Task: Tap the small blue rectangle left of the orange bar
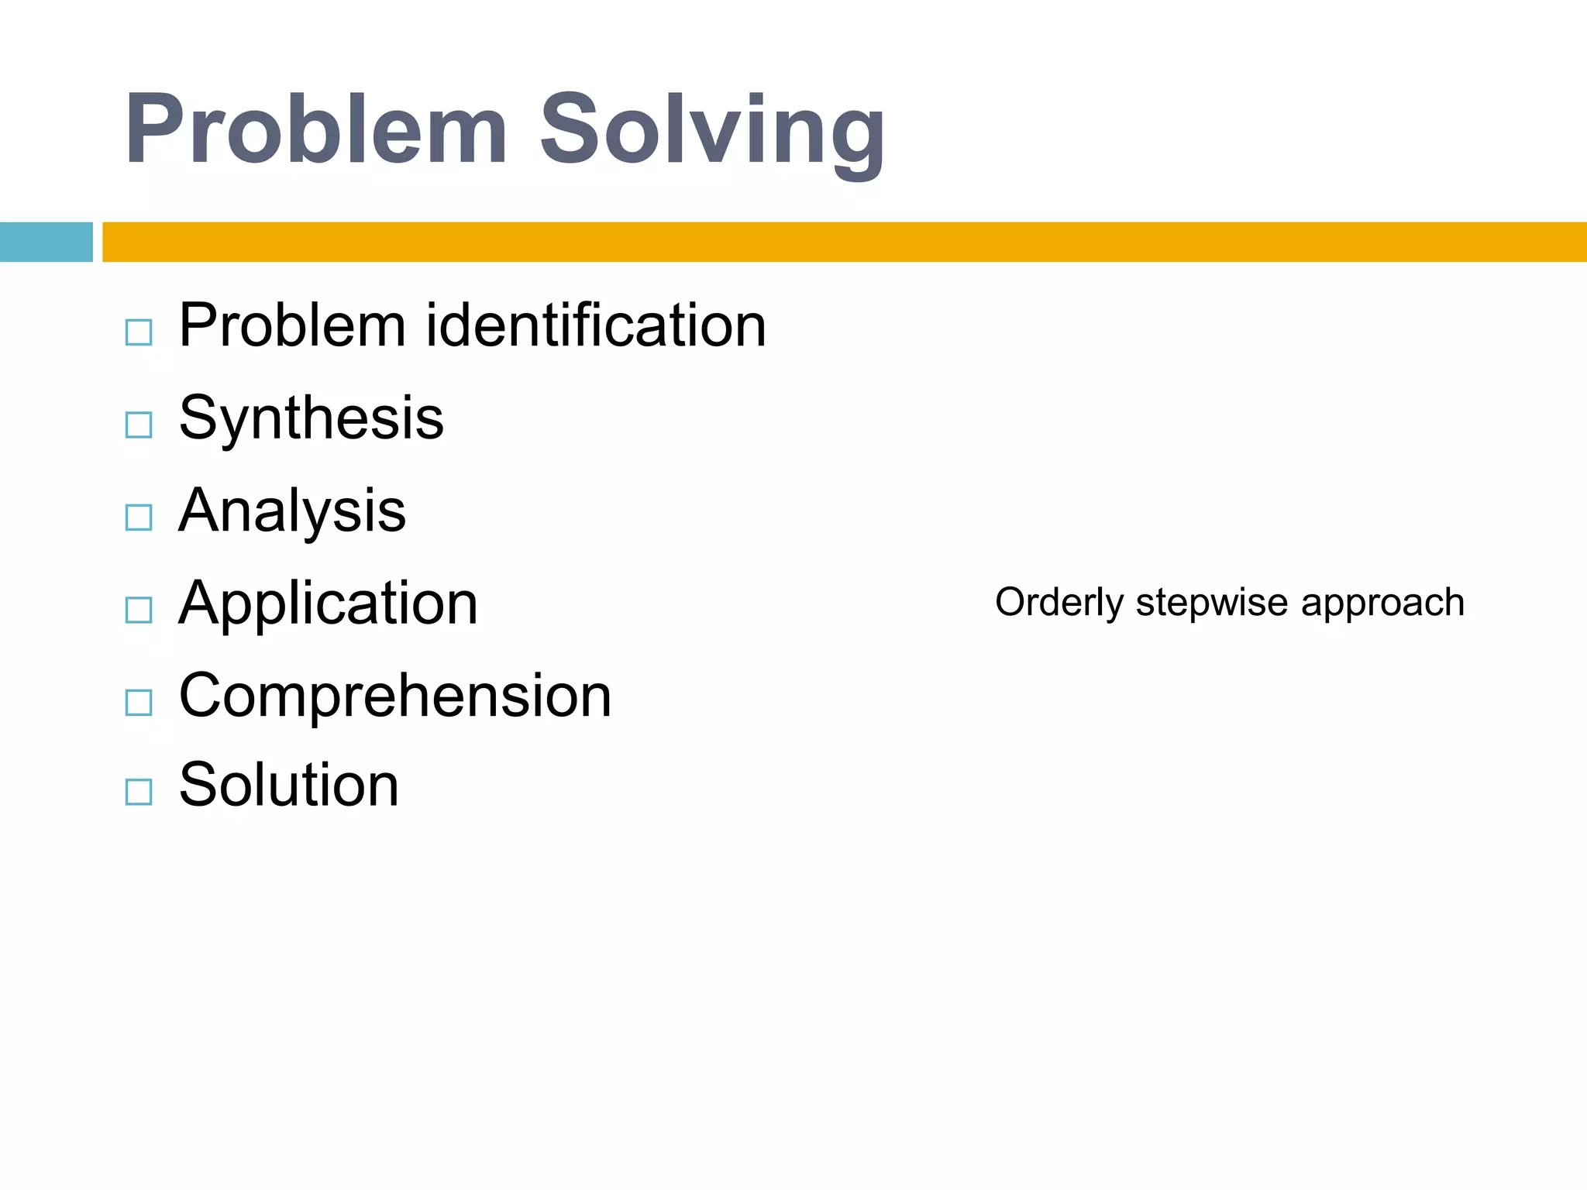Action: click(46, 242)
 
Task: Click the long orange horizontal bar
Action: click(844, 242)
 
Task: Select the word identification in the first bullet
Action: click(596, 325)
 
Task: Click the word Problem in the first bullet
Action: click(292, 325)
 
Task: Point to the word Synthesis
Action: click(311, 418)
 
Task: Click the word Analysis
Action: click(292, 511)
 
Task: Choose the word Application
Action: click(328, 604)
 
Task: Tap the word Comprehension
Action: click(395, 696)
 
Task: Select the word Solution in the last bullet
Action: click(288, 785)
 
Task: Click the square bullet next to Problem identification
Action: click(139, 332)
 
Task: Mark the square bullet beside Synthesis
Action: click(139, 425)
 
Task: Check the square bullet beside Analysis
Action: click(139, 517)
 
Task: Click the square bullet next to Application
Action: click(139, 610)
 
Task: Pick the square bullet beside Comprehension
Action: click(139, 702)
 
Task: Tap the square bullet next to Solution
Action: click(139, 792)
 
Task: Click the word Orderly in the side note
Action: click(1059, 603)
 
